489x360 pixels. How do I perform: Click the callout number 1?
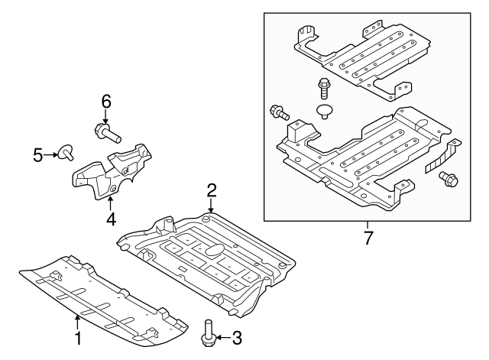click(78, 338)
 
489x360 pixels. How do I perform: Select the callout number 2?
click(212, 190)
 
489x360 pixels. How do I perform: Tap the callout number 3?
click(237, 338)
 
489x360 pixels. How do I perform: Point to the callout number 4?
click(111, 219)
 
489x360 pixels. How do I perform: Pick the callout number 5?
click(37, 155)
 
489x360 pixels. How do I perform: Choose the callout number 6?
click(106, 102)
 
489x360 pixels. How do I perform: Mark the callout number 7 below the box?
click(368, 238)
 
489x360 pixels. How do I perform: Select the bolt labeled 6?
click(107, 133)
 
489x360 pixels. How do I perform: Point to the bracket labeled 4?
click(112, 170)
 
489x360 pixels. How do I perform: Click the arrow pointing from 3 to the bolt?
click(222, 338)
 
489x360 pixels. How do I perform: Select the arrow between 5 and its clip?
click(50, 154)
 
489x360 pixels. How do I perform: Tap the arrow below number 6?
click(105, 116)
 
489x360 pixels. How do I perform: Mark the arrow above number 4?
click(110, 204)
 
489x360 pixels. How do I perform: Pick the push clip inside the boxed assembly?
click(325, 112)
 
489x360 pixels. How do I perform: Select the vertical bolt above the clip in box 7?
click(322, 89)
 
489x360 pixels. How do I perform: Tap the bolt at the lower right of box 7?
click(449, 179)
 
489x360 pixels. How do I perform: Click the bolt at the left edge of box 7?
click(280, 113)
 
